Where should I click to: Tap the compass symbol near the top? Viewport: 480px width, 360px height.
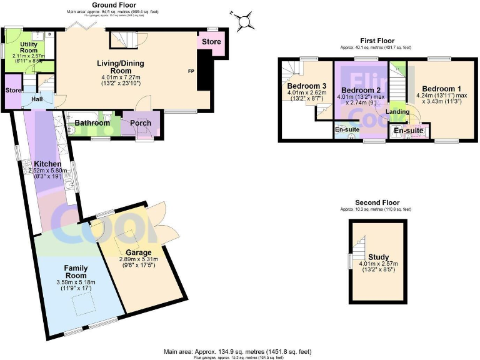(x=244, y=19)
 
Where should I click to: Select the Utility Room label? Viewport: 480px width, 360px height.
(x=29, y=46)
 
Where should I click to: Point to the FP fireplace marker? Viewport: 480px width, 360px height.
(x=191, y=71)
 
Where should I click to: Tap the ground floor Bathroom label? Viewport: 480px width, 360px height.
(x=92, y=123)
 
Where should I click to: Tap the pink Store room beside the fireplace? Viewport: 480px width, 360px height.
(x=208, y=43)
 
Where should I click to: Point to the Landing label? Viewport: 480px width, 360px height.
(x=398, y=112)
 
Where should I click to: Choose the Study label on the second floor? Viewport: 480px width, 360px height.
(x=378, y=257)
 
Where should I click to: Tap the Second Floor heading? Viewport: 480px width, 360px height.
(x=377, y=203)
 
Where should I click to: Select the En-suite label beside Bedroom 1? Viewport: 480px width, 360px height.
(x=407, y=131)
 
